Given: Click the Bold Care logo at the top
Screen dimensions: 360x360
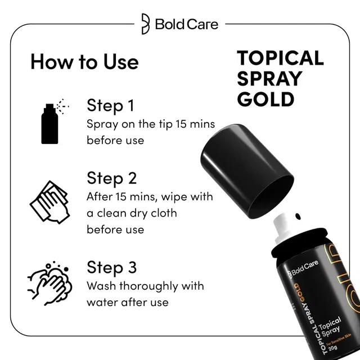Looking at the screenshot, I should [x=179, y=24].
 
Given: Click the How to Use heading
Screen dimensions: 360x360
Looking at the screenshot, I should [x=84, y=61].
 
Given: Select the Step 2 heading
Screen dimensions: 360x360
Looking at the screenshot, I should [x=111, y=178].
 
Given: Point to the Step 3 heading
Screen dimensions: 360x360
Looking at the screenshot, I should [x=111, y=267].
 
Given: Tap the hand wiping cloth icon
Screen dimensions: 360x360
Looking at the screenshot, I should [x=49, y=201].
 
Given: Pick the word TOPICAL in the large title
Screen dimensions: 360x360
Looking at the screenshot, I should [x=280, y=58].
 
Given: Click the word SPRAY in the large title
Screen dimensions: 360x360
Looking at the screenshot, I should [x=269, y=78].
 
